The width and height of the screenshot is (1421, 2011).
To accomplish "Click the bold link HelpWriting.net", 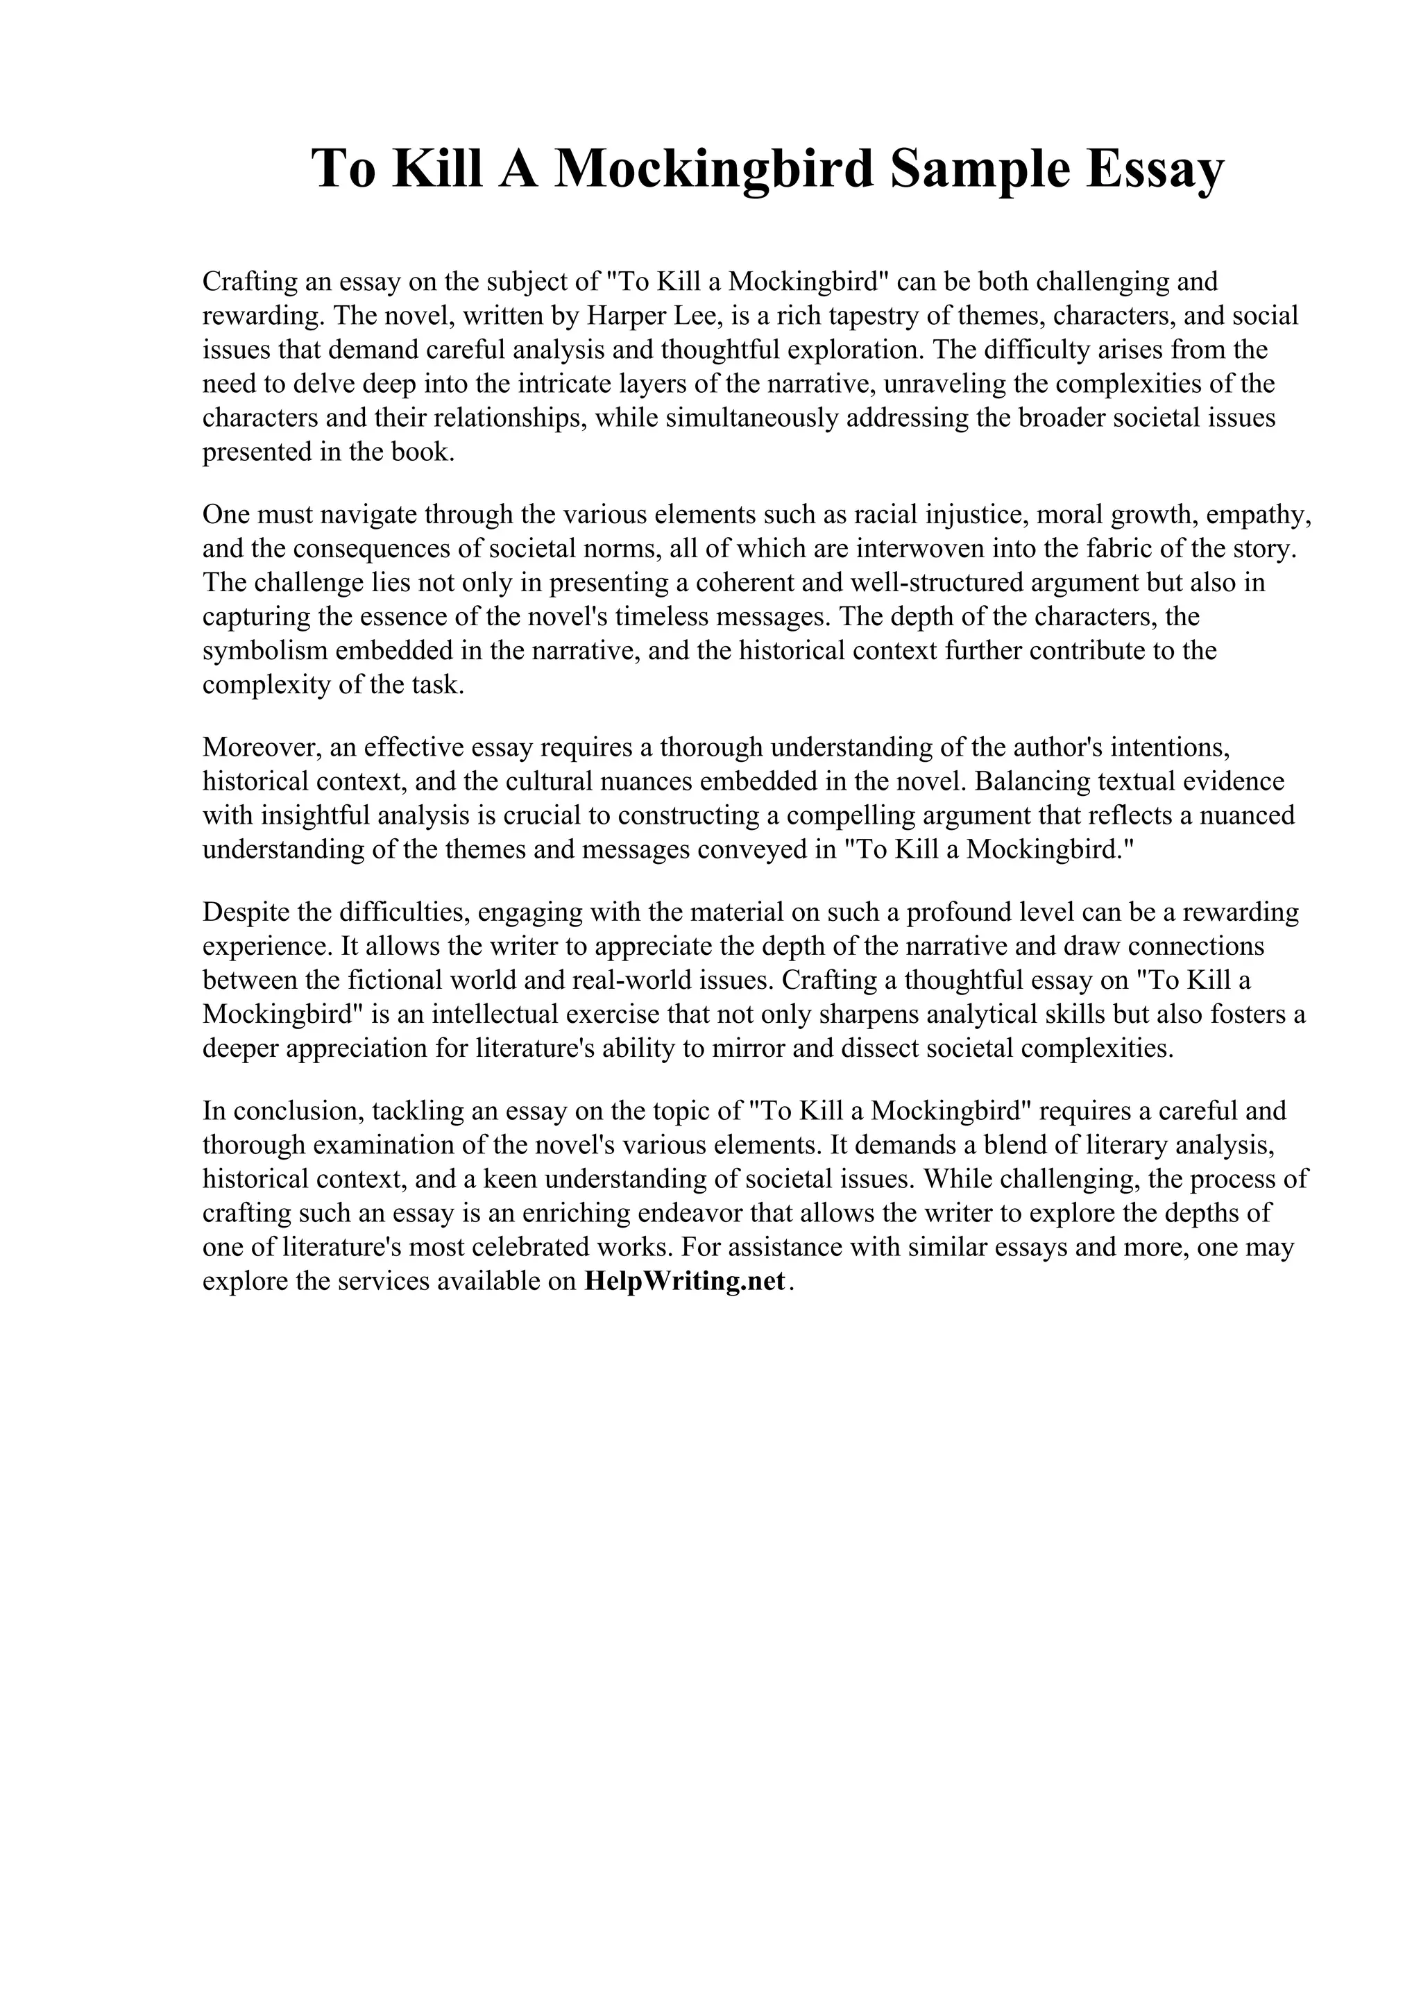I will tap(684, 1282).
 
